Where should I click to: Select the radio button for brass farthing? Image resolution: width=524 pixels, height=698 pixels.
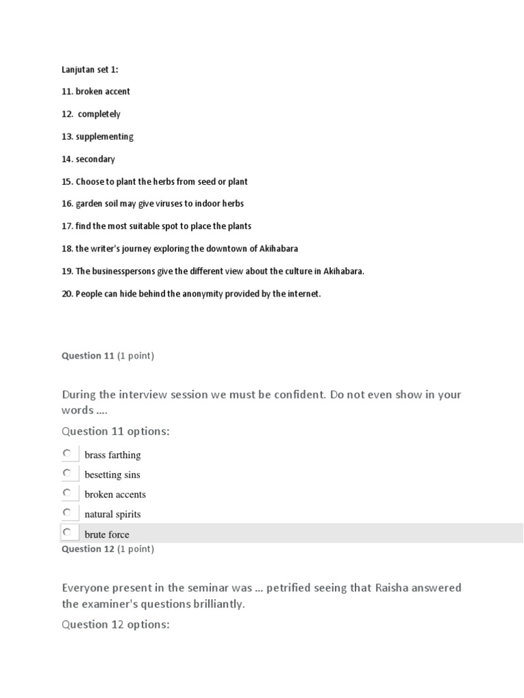pos(67,453)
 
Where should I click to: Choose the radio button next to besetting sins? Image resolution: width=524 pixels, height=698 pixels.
pos(67,473)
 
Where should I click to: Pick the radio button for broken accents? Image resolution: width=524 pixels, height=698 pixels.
pos(67,493)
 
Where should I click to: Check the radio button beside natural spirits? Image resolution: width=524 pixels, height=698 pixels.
pos(67,513)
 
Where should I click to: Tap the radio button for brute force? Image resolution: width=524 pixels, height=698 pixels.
pos(67,532)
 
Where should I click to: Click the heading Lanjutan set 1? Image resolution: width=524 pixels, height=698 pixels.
pos(90,70)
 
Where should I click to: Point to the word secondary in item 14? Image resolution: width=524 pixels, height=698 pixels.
pos(96,160)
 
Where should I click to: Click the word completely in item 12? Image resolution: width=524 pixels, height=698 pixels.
pos(99,115)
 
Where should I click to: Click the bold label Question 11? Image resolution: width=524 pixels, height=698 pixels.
pos(88,356)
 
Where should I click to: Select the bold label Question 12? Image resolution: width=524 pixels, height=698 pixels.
pos(88,549)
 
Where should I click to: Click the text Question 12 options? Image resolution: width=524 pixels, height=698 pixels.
pos(115,624)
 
